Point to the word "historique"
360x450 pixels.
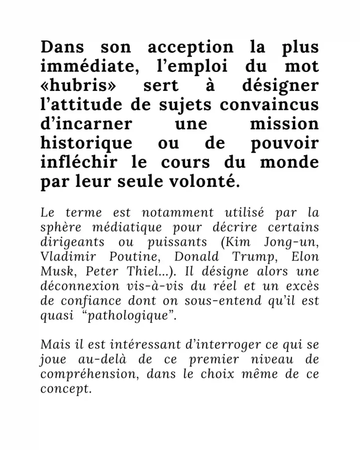pos(86,143)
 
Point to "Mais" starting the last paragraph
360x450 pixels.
pos(53,345)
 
